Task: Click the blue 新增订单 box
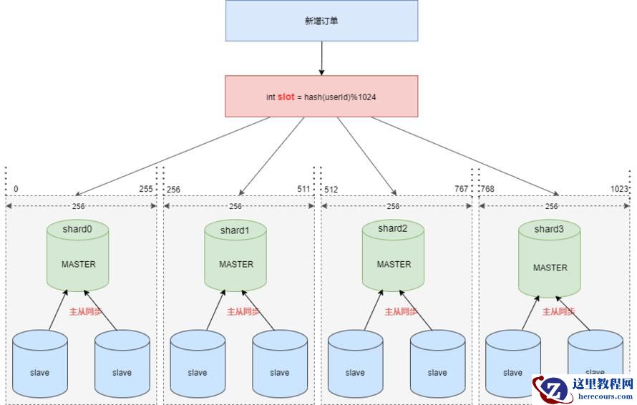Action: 321,21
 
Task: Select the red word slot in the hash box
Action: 286,97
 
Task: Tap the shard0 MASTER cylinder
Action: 78,255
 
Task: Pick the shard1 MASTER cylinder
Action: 235,255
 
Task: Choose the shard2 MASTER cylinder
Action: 394,255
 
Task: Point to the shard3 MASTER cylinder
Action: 550,258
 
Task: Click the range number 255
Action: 146,189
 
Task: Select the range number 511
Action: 304,189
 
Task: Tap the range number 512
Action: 331,190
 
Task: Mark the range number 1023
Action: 620,189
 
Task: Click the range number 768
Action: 487,190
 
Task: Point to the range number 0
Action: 16,190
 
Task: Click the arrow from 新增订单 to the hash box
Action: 321,58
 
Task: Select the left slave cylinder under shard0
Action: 39,364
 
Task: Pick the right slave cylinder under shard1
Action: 279,364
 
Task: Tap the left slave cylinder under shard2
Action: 355,364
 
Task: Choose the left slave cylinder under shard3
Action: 512,364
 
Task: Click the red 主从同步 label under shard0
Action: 84,312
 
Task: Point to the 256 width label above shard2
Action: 393,206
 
